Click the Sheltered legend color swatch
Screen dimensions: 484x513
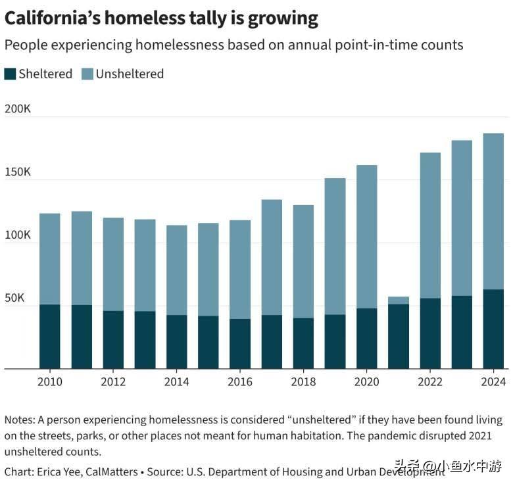click(10, 74)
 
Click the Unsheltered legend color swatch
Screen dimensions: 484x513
click(87, 74)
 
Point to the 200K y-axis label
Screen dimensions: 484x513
click(18, 109)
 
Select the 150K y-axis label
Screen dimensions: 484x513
click(18, 172)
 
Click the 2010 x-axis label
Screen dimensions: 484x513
click(50, 381)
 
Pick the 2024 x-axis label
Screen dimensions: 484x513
click(493, 381)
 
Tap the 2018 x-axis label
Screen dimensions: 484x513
click(303, 381)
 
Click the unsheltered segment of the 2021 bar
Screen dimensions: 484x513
click(399, 300)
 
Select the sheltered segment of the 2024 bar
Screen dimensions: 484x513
click(493, 329)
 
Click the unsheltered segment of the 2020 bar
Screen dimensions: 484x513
click(366, 237)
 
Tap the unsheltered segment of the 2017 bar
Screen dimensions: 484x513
click(272, 257)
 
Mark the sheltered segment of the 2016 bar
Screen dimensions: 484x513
click(240, 343)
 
